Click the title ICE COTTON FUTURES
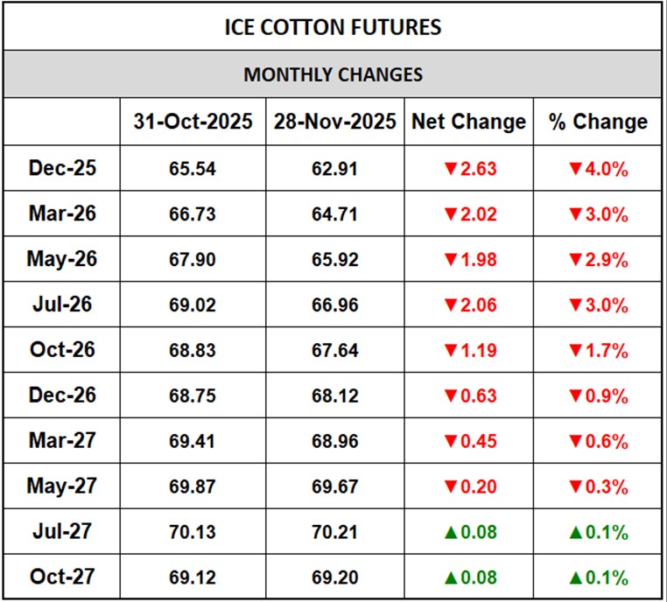(x=333, y=27)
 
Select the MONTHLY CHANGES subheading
(x=333, y=74)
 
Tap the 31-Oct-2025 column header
(x=193, y=122)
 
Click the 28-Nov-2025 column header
(x=335, y=122)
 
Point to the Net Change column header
(x=469, y=122)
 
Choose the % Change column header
(x=599, y=122)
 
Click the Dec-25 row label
(x=62, y=168)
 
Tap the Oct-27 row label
(x=61, y=577)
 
